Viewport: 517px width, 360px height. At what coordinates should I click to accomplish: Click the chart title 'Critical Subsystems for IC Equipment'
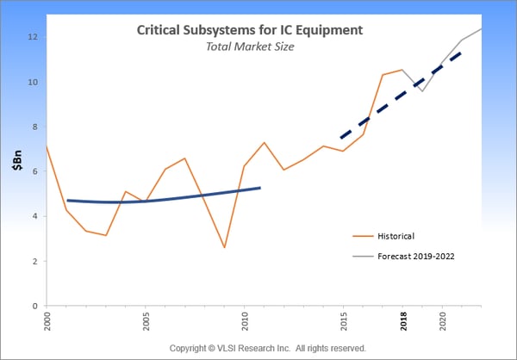tap(250, 30)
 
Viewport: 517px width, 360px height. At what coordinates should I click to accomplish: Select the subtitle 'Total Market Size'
tap(250, 48)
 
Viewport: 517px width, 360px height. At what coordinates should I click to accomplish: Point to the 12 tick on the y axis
tap(32, 37)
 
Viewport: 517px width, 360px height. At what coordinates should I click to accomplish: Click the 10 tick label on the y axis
tap(32, 82)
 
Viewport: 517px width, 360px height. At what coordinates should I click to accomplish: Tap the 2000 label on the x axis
tap(47, 323)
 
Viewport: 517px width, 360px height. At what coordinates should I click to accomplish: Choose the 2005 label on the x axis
tap(146, 323)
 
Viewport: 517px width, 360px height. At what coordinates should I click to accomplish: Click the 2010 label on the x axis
tap(245, 323)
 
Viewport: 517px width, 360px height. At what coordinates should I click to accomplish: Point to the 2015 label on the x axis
tap(344, 323)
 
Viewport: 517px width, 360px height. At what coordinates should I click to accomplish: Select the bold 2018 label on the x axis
tap(403, 323)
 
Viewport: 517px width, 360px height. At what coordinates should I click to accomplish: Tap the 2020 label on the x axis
tap(443, 323)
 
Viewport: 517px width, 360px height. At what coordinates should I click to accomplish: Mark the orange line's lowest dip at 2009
tap(224, 248)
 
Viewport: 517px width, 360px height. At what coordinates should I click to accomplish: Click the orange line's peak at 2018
tap(402, 70)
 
